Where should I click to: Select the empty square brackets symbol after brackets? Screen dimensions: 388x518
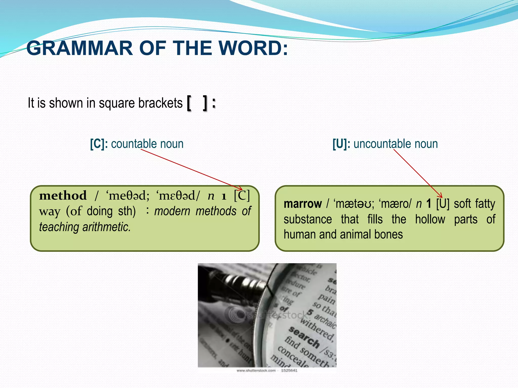197,103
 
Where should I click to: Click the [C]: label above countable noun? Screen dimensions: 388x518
99,144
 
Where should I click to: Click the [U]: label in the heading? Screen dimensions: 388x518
341,144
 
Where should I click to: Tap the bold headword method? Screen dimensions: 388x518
63,196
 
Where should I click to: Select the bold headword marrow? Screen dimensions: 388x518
303,204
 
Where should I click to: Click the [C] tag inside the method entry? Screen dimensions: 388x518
242,196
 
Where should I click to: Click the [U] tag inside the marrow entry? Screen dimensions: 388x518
443,204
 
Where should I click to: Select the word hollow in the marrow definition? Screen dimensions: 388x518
430,219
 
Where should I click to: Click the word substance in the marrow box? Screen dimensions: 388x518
308,219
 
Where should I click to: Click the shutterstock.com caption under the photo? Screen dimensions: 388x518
256,371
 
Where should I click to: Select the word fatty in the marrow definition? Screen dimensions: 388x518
485,204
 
